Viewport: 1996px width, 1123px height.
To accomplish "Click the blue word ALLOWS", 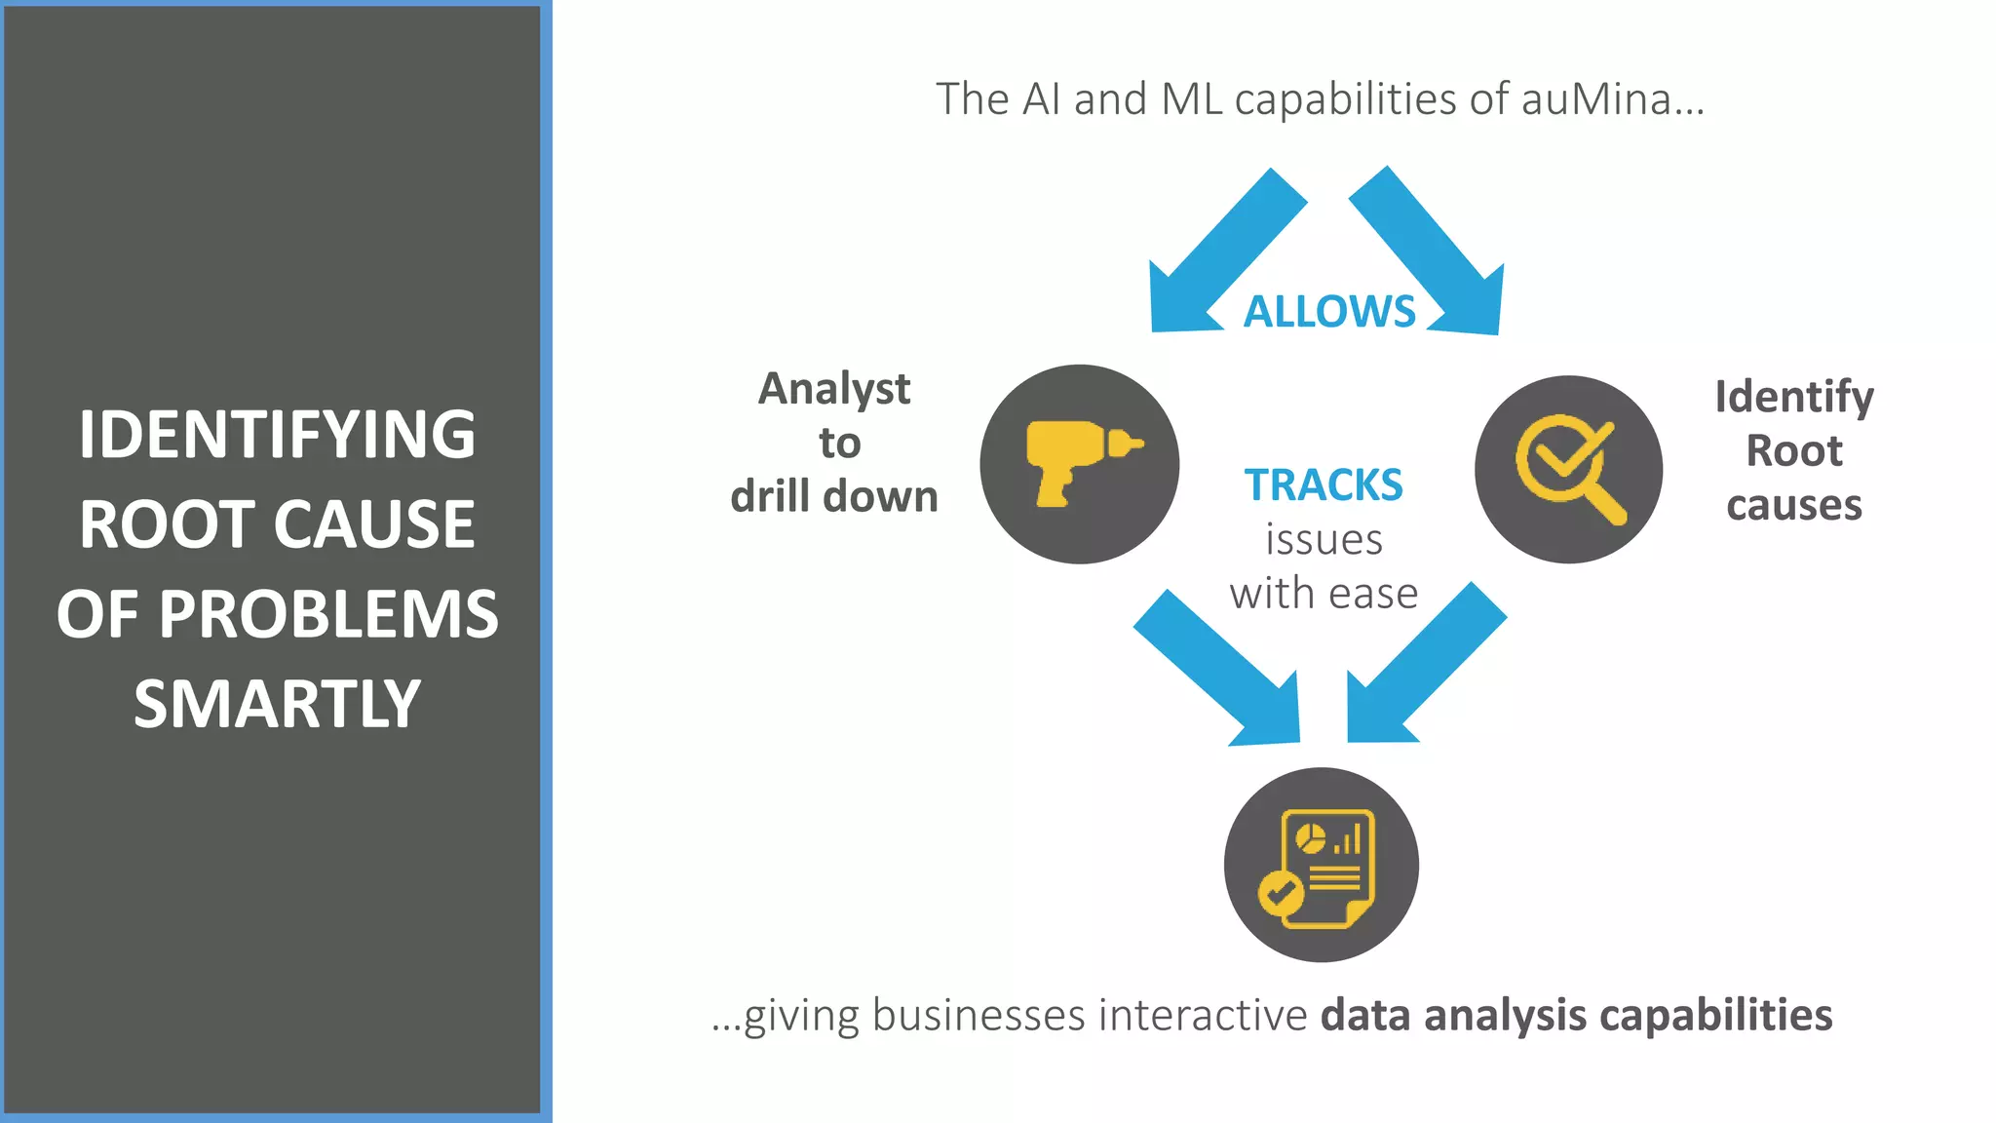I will (1329, 312).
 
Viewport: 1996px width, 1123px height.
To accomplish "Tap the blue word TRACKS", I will (1324, 485).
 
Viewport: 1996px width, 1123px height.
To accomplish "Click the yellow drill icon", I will (1080, 464).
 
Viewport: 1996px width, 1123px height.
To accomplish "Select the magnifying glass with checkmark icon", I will (1568, 469).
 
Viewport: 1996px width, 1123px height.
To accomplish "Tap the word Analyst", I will (834, 390).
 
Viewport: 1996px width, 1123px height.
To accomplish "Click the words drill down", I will (834, 497).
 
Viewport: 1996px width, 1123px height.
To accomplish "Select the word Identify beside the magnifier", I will (1794, 398).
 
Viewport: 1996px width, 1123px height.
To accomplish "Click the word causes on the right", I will (1794, 506).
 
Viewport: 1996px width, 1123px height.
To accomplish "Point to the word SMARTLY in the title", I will (277, 704).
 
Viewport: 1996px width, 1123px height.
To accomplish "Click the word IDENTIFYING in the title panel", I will (277, 435).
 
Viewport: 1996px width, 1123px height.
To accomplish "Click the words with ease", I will (1324, 594).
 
